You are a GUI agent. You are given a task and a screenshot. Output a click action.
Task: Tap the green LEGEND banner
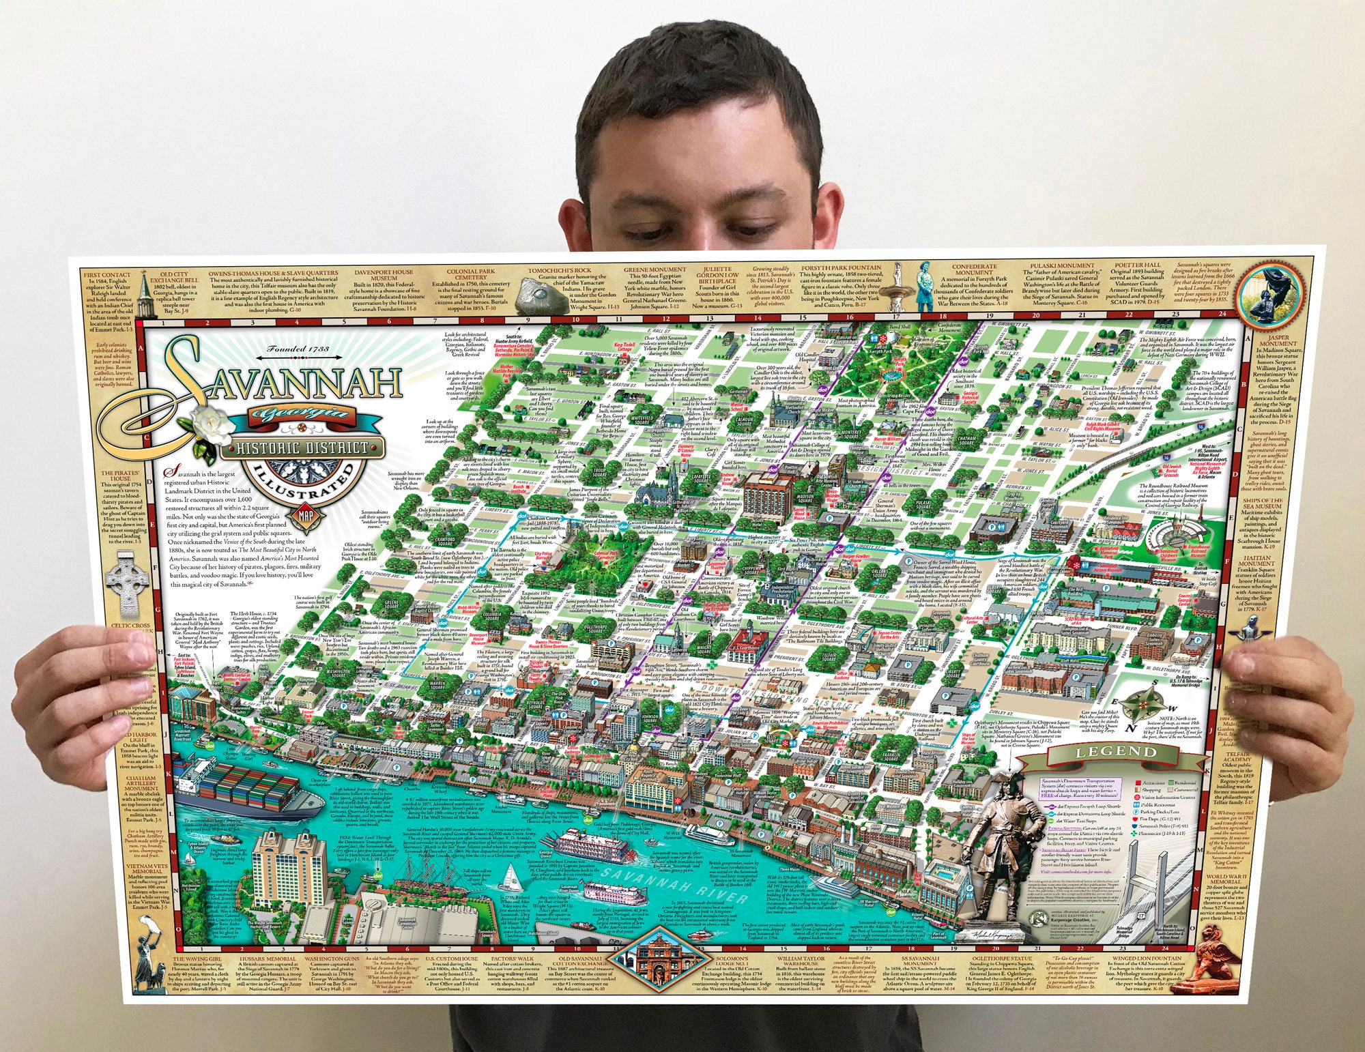click(1117, 753)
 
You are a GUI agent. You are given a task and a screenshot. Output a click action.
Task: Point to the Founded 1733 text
click(298, 349)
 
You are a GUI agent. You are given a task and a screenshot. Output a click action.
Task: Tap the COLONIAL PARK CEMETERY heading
click(471, 274)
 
